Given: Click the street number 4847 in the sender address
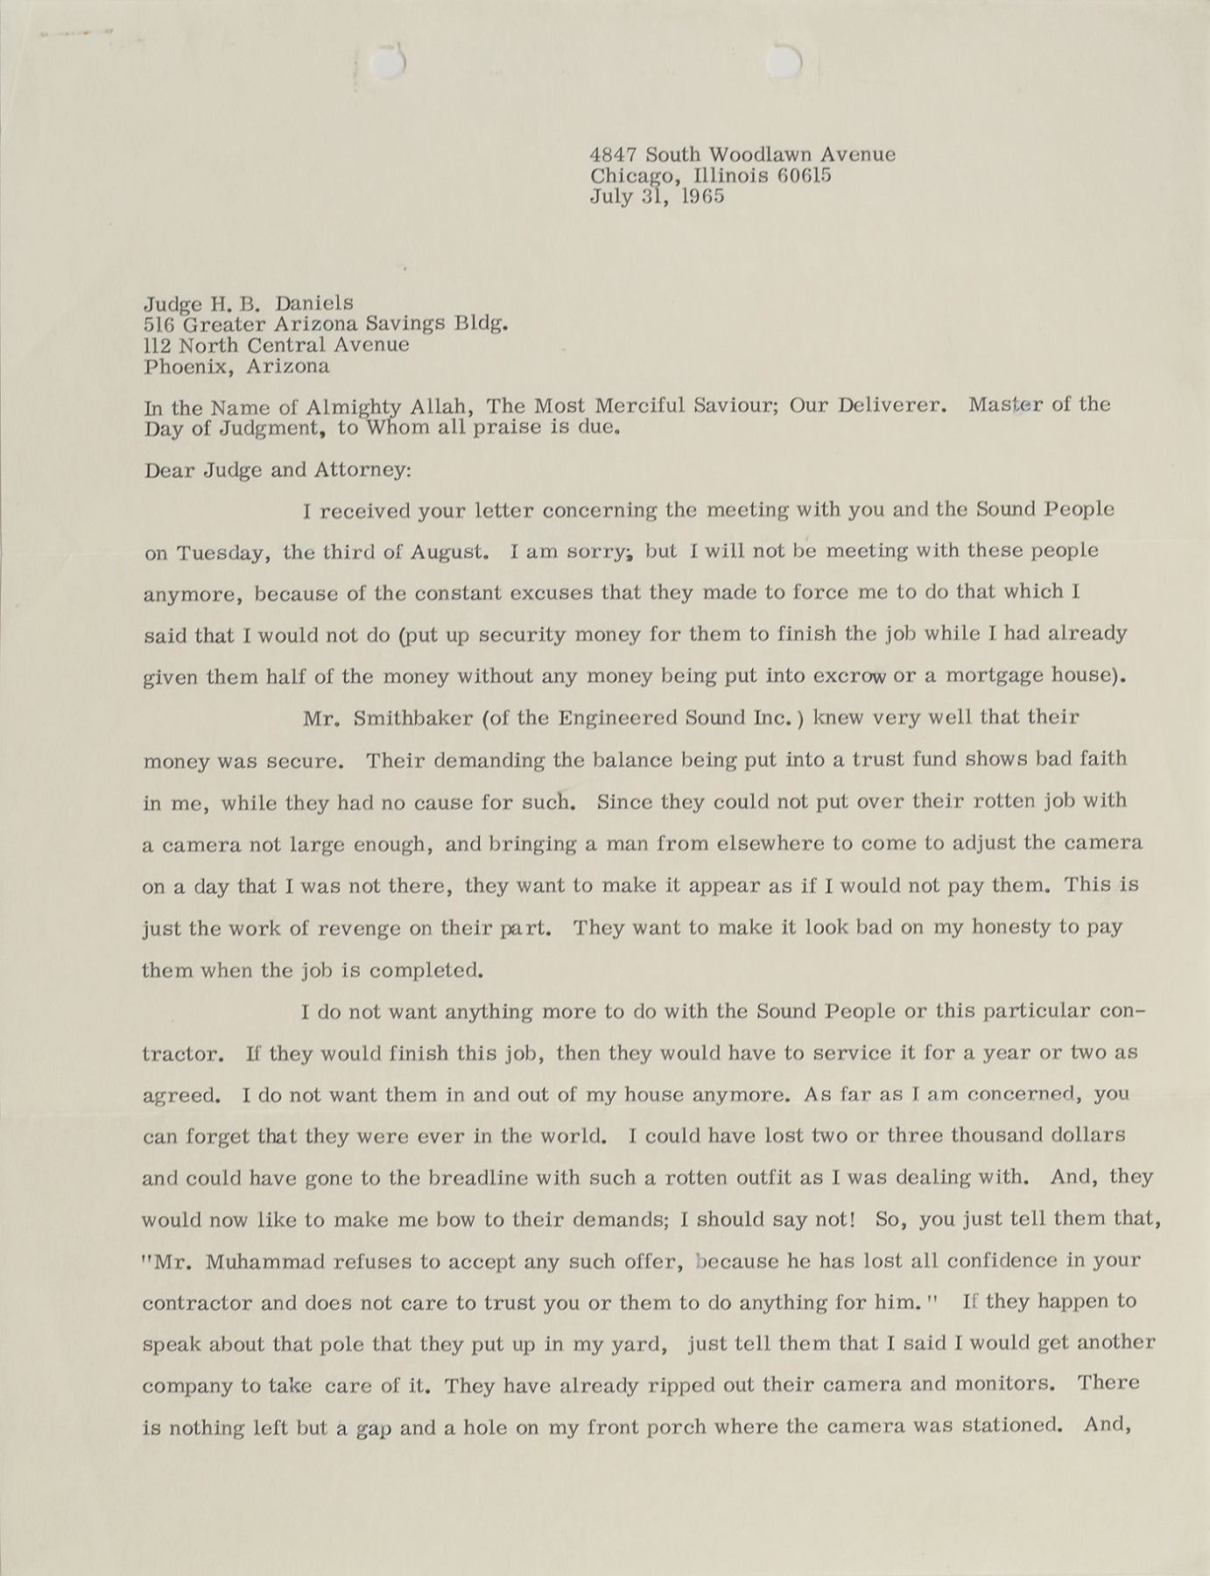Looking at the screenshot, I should tap(614, 155).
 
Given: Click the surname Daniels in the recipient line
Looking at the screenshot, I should tap(314, 304).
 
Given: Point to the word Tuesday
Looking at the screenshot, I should tap(219, 553).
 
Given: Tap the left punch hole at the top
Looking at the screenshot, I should tap(385, 62).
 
